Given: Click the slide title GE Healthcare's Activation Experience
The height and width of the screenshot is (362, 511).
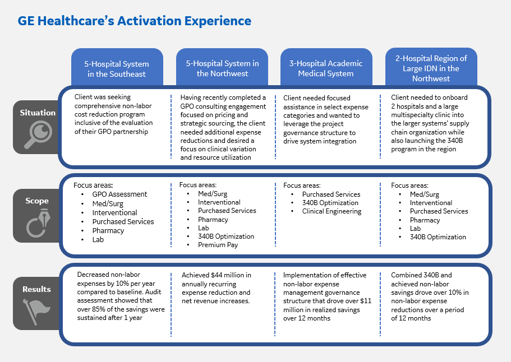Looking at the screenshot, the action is pos(134,21).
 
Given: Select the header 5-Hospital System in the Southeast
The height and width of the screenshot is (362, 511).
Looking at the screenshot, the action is pos(117,69).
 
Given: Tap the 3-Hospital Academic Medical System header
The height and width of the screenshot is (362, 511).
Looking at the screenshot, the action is pos(326,68).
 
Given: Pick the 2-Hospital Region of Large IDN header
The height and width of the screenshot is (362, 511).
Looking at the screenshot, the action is pos(431,68).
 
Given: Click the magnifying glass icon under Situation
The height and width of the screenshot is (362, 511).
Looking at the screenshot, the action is pos(39,134).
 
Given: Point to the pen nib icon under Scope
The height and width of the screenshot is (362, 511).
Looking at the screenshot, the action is pos(39,223).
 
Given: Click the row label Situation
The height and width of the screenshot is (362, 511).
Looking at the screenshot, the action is pos(38,113).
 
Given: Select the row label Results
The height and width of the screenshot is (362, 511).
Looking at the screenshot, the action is pos(36,289).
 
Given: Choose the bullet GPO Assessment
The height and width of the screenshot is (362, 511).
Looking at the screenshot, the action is pos(119,194).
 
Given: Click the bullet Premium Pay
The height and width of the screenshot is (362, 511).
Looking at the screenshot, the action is pos(218,245).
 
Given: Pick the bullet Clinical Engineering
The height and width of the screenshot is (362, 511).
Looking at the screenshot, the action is pos(332,211).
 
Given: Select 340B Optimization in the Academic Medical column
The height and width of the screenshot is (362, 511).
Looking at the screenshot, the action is pos(330,203).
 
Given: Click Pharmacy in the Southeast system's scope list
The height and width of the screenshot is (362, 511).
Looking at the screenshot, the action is pos(108,230).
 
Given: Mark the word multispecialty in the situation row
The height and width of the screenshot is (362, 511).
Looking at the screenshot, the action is pos(411,115).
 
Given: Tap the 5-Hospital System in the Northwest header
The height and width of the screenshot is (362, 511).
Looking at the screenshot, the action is pos(222,68).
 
